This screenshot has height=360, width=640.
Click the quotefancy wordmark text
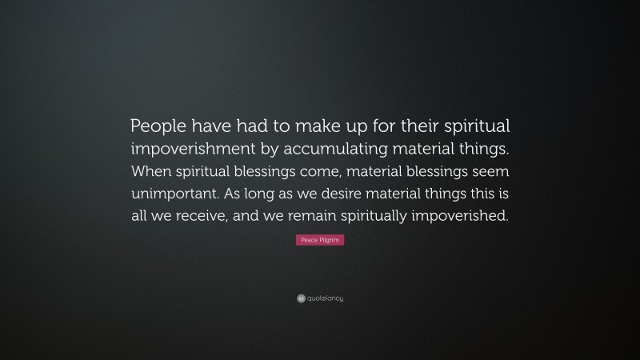click(x=325, y=298)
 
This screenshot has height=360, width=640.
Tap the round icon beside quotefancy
click(x=301, y=298)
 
